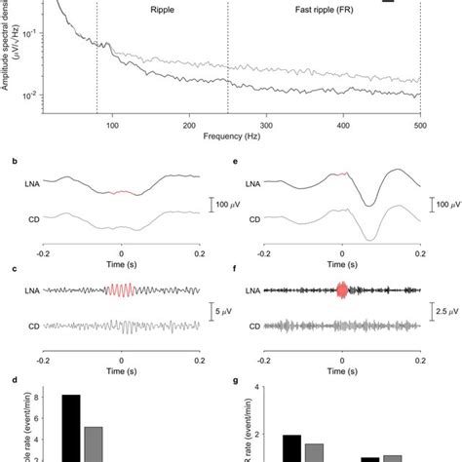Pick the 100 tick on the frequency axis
[113, 126]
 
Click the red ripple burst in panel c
[120, 290]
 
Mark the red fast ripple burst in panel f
[341, 289]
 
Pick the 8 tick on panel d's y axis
[39, 397]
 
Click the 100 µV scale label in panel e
[447, 207]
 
